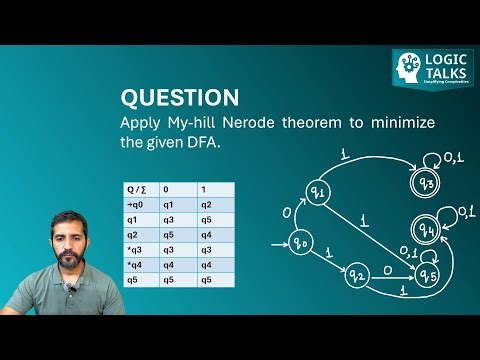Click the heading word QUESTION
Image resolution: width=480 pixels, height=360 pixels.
(179, 98)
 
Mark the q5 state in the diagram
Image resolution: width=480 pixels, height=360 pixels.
(428, 274)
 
